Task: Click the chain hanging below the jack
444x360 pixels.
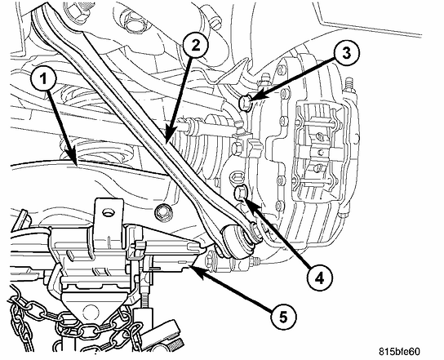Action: tap(33, 322)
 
